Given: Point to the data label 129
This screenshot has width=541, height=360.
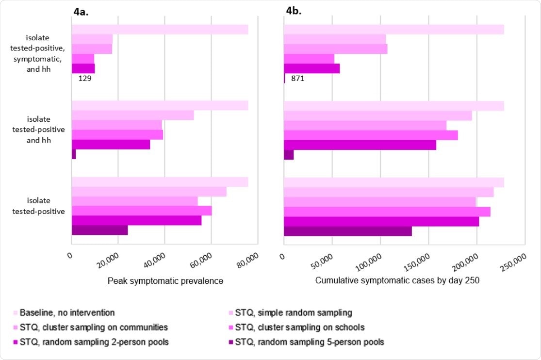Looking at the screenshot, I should coord(85,78).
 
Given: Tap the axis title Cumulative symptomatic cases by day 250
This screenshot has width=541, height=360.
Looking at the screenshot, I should coord(397,280).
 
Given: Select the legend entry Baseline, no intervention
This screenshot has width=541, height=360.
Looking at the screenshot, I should coord(67,312).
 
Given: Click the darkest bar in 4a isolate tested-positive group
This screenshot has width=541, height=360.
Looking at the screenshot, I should coord(99,230).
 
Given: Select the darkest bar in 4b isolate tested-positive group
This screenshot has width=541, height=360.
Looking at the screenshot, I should coord(347,231).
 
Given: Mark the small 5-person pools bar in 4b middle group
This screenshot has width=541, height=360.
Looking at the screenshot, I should coord(289,155).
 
